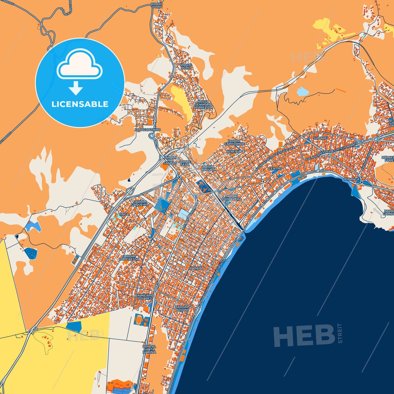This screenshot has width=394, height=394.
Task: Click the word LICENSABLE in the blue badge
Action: [x=80, y=104]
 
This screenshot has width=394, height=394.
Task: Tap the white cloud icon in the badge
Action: [x=80, y=65]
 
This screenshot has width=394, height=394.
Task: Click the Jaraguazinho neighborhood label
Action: [x=148, y=130]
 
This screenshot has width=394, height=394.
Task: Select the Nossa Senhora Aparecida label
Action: [x=203, y=104]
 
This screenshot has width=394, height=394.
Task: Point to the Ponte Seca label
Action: [x=185, y=163]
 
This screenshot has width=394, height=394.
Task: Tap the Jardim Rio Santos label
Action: [x=170, y=160]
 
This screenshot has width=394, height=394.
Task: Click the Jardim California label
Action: [x=234, y=142]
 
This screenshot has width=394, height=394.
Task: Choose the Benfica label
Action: [x=233, y=151]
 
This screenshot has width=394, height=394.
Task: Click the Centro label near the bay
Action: [x=275, y=169]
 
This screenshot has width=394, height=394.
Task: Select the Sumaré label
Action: [x=320, y=138]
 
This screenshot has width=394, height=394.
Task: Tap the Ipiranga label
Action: [x=351, y=179]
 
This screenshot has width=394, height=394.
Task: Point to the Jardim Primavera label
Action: [x=231, y=197]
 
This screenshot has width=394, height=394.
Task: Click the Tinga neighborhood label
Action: [x=124, y=214]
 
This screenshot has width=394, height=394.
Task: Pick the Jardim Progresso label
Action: [x=129, y=258]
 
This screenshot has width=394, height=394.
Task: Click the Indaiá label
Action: [x=196, y=268]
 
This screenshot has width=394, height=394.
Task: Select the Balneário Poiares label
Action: [x=145, y=297]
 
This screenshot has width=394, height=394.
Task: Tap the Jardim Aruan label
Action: [x=182, y=308]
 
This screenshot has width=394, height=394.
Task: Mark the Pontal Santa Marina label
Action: [x=149, y=349]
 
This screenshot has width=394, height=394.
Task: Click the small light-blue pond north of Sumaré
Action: [x=302, y=91]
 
